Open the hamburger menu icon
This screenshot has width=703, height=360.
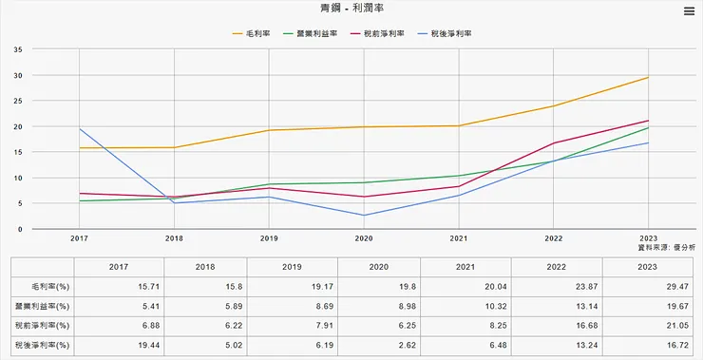click(689, 11)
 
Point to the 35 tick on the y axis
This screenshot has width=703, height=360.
click(18, 49)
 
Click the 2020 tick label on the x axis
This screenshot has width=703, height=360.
click(364, 238)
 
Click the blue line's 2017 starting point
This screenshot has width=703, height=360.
click(80, 129)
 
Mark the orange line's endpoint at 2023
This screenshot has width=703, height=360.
click(648, 77)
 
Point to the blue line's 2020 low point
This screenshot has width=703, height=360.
click(364, 216)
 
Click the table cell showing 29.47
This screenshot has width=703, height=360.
click(648, 286)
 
